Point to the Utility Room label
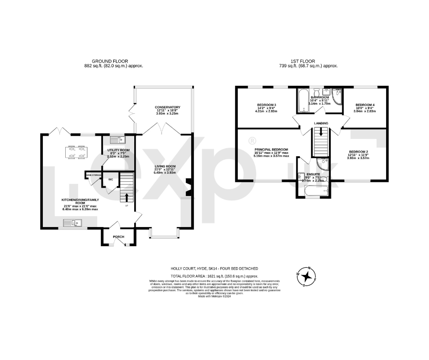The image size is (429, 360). pos(118,150)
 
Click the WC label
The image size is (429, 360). pos(110,179)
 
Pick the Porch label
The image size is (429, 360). pos(119,237)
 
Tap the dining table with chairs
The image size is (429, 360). pos(76,152)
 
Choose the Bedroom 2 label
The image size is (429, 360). pos(358,152)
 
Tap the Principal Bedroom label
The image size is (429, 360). pos(271,149)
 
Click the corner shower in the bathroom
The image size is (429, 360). pos(337,97)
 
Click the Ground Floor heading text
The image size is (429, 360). pos(110,61)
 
